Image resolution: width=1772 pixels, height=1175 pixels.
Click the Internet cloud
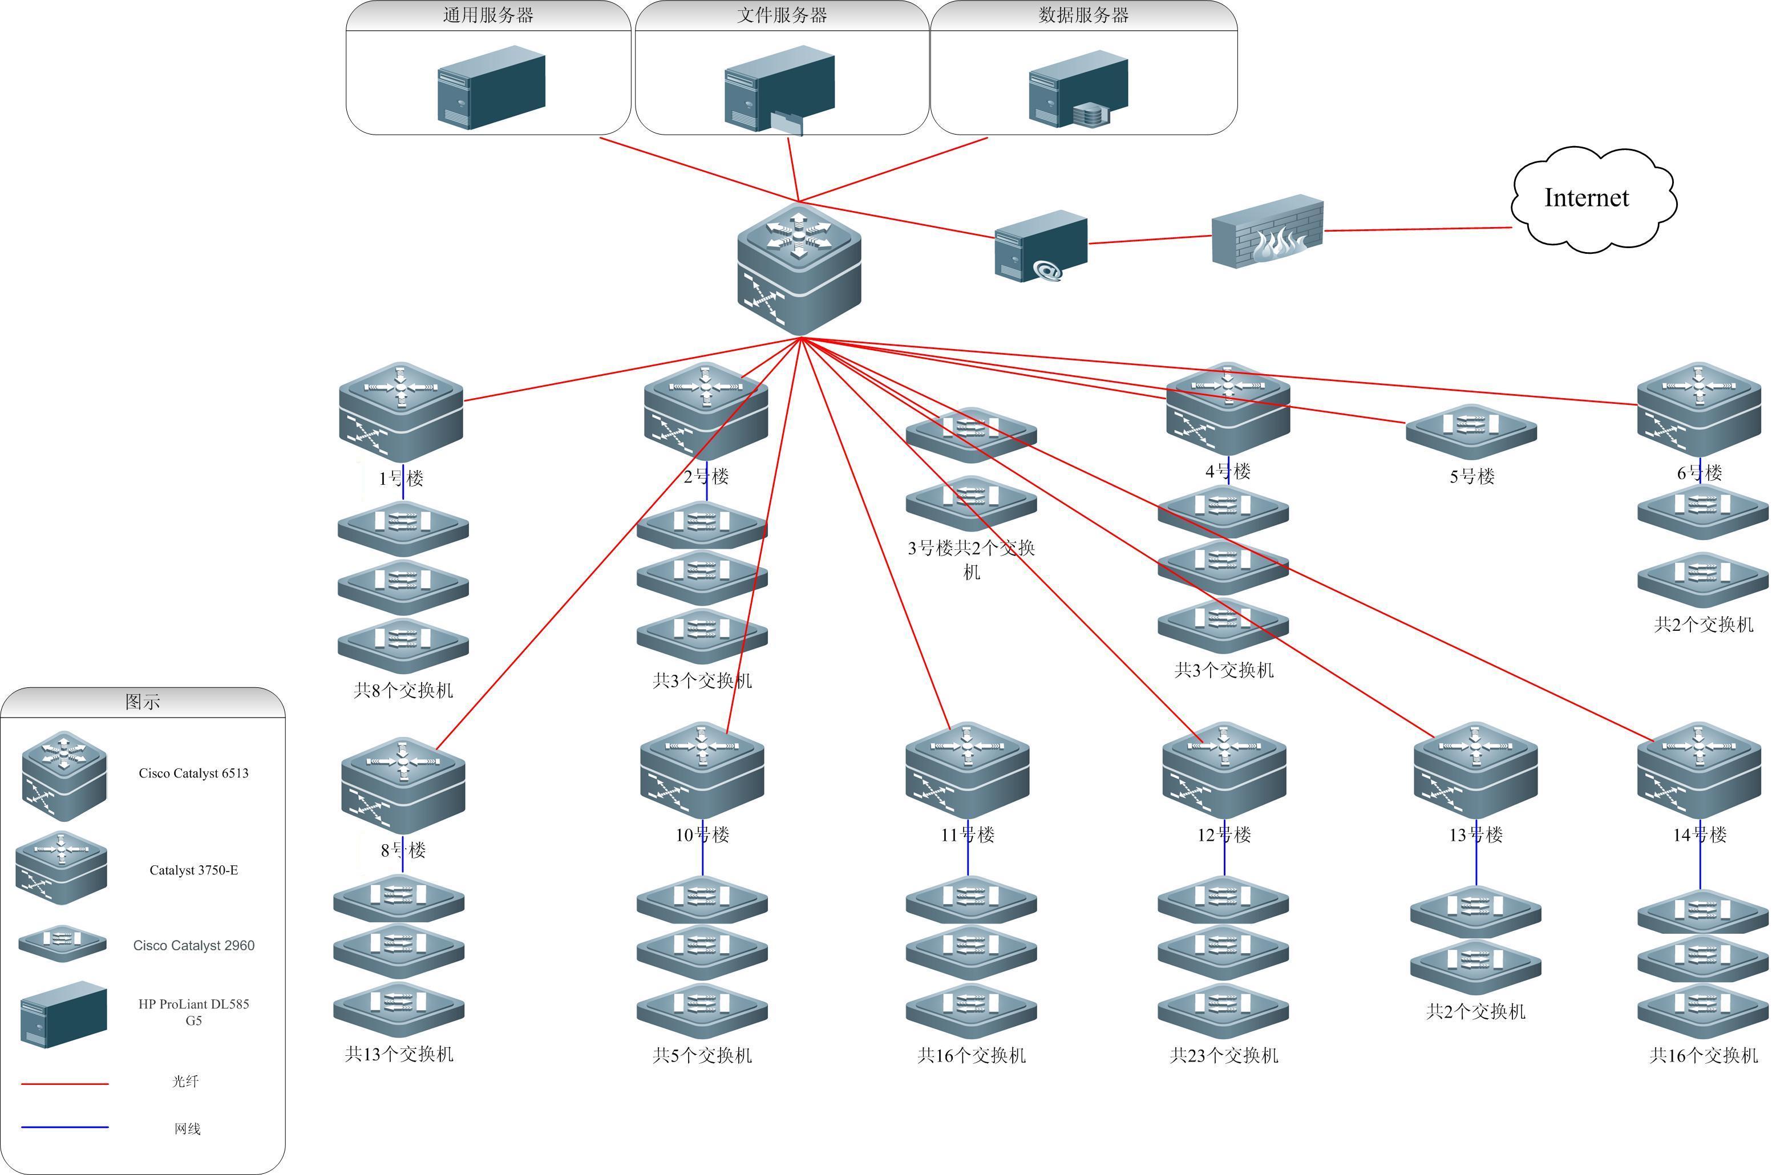[x=1592, y=198]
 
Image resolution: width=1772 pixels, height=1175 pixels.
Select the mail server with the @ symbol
[x=1041, y=246]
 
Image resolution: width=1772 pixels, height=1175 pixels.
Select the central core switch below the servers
[x=799, y=269]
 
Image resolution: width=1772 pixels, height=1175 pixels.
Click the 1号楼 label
[x=401, y=478]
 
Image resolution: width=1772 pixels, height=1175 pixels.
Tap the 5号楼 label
[x=1471, y=477]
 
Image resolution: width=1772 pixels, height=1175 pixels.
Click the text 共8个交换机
[x=403, y=690]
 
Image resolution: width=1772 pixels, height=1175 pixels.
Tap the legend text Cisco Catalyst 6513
[x=193, y=773]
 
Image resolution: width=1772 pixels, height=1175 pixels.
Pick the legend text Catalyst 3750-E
[x=193, y=870]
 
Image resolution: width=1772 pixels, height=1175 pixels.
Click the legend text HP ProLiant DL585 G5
[x=193, y=1012]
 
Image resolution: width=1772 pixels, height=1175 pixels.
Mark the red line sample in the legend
[x=64, y=1084]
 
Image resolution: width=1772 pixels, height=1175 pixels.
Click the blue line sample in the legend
[x=64, y=1127]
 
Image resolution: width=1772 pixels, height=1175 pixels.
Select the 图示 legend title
[x=143, y=702]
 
